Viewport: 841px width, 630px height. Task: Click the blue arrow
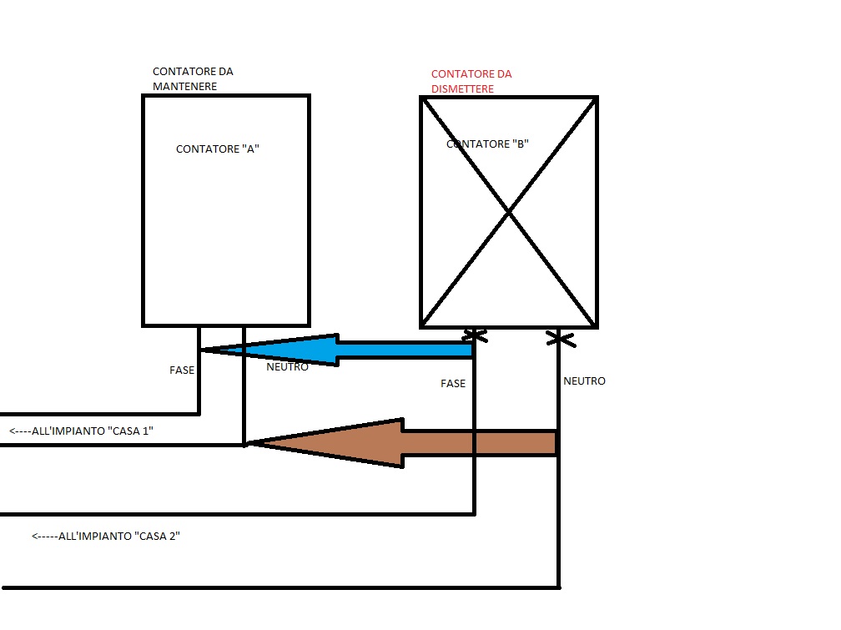tap(337, 350)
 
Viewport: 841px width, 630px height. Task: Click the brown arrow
tap(401, 443)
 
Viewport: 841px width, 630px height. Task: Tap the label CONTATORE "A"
tap(218, 149)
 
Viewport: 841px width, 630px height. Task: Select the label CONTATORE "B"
tap(487, 144)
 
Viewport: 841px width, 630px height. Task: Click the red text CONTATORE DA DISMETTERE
tap(471, 81)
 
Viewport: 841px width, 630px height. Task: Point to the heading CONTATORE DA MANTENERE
tap(193, 79)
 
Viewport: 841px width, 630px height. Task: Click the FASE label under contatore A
tap(182, 370)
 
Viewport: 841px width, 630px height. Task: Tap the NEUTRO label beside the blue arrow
tap(288, 367)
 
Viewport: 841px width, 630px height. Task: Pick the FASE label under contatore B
tap(453, 384)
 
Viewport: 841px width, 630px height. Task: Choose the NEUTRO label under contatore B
tap(584, 381)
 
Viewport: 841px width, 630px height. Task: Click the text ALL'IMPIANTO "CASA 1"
tap(93, 431)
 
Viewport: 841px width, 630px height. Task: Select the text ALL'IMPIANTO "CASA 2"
tap(119, 536)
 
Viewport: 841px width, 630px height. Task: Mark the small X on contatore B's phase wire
tap(475, 336)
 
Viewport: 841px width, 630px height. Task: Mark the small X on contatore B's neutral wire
tap(561, 339)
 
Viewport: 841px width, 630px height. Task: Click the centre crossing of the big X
tap(508, 213)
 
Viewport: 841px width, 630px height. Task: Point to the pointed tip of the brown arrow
tap(245, 444)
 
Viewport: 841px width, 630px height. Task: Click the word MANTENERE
tap(184, 87)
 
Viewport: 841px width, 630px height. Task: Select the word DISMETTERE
tap(462, 89)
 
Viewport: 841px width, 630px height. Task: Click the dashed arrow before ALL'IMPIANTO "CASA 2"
tap(44, 536)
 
